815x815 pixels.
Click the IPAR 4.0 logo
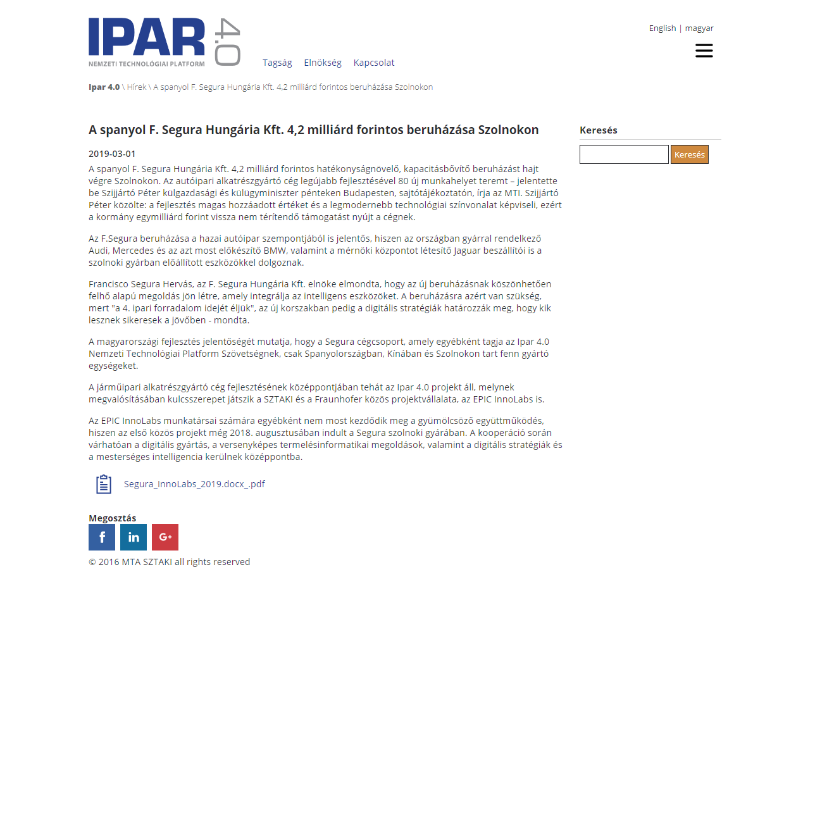click(164, 42)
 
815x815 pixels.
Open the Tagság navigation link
click(277, 63)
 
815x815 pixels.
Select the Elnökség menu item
click(323, 63)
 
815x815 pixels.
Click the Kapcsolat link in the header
click(374, 63)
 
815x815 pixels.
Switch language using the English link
click(662, 28)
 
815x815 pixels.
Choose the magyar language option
click(699, 28)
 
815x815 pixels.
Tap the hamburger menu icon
click(704, 51)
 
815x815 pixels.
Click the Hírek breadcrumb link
click(137, 87)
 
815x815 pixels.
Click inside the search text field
click(624, 154)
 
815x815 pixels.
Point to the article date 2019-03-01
click(112, 154)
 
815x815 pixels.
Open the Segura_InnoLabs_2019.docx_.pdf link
click(194, 484)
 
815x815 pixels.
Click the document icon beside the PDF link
click(104, 484)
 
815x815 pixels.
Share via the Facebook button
click(102, 537)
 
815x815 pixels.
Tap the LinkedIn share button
click(134, 537)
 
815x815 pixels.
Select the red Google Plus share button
click(165, 537)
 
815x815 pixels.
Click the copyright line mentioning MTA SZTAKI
click(170, 562)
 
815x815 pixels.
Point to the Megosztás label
click(112, 518)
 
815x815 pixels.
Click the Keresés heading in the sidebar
click(599, 130)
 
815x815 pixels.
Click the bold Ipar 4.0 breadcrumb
click(104, 87)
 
